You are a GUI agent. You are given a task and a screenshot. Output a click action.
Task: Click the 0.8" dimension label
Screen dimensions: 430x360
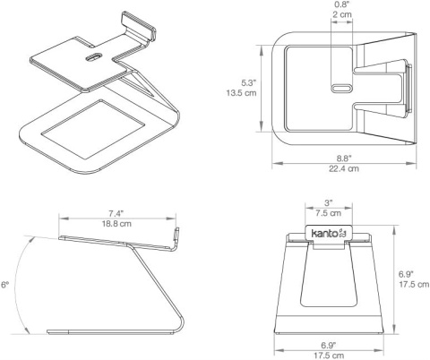coord(342,4)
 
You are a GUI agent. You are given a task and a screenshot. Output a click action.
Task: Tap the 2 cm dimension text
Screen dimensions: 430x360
coord(342,14)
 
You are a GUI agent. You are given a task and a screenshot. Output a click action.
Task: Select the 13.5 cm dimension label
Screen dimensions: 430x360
coord(241,93)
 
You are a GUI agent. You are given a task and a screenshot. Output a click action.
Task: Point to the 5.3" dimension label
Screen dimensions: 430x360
coord(249,82)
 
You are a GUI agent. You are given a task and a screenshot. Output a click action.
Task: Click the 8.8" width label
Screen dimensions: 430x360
coord(344,158)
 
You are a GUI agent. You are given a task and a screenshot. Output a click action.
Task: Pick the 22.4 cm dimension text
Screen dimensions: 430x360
coord(344,168)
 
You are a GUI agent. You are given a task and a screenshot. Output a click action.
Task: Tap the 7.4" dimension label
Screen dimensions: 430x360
coord(116,213)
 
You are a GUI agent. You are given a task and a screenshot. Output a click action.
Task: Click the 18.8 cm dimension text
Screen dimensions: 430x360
coord(116,224)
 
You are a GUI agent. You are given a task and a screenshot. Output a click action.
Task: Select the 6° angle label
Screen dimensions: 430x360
coord(4,285)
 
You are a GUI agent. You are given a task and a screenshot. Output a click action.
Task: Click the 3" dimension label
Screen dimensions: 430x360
coord(329,203)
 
